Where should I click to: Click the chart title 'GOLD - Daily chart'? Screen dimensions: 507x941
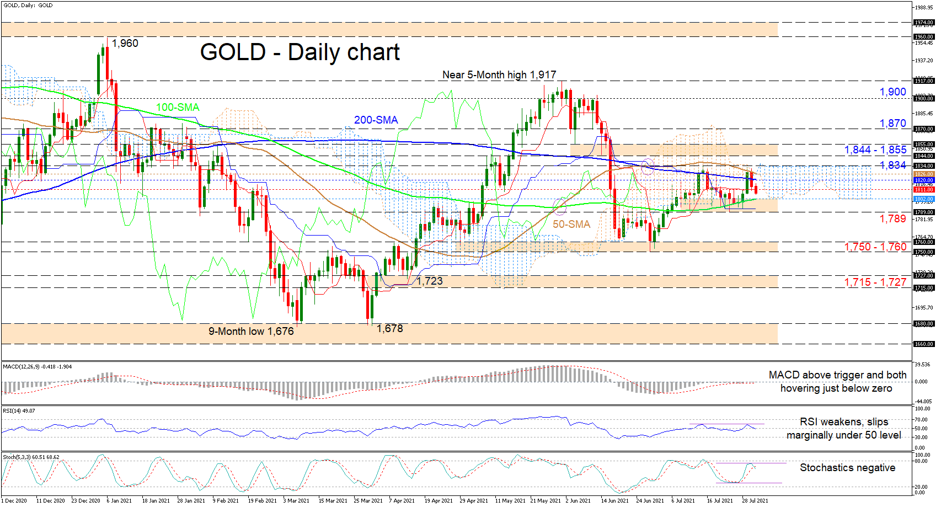coord(300,52)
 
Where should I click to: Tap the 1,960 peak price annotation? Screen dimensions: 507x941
coord(125,44)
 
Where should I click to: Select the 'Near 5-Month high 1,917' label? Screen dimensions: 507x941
coord(499,74)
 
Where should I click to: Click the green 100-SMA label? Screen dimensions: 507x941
coord(178,107)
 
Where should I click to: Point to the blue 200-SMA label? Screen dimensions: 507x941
coord(376,120)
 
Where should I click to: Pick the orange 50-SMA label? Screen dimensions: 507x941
coord(571,224)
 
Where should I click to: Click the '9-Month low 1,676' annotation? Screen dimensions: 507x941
coord(251,331)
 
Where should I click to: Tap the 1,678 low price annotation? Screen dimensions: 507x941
coord(389,328)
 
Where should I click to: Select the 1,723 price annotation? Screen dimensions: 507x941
coord(430,281)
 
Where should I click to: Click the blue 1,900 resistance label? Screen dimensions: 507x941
coord(892,92)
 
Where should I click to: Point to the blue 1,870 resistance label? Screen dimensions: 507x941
coord(892,124)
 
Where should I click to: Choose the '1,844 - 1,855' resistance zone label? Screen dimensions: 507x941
coord(875,150)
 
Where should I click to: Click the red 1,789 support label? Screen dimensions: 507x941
coord(892,219)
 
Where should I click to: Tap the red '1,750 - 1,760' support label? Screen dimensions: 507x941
coord(875,247)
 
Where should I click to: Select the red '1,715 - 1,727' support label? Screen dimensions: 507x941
coord(875,282)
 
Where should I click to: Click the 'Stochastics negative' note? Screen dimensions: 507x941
coord(847,468)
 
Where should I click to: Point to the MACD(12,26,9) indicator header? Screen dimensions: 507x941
coord(37,367)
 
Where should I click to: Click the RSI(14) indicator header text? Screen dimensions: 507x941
coord(19,411)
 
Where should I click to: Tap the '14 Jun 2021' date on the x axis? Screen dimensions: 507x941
coord(614,501)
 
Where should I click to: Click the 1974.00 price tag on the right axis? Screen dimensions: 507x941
coord(923,23)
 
